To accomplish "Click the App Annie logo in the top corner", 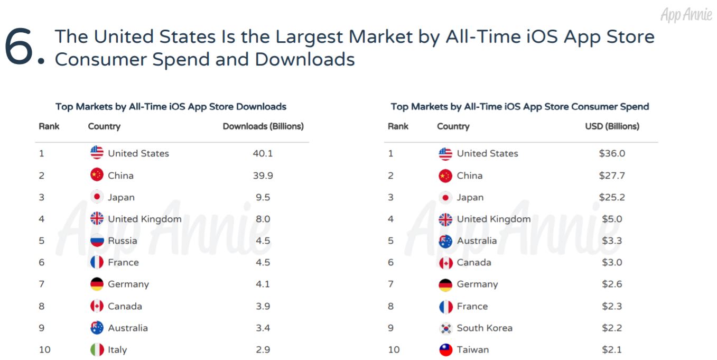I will click(686, 15).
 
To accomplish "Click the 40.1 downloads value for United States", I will click(263, 153).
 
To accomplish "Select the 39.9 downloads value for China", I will click(263, 176).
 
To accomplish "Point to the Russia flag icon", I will click(97, 241).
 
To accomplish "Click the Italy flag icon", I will click(97, 349).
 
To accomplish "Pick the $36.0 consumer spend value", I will click(612, 153).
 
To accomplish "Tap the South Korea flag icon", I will click(445, 328).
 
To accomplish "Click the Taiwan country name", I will click(472, 349).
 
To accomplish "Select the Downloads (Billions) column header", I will click(263, 126).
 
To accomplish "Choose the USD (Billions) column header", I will click(612, 126).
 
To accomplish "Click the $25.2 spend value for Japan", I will click(612, 197).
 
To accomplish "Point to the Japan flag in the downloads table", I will click(97, 197).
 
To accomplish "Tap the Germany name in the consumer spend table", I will click(477, 284).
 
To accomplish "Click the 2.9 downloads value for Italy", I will click(263, 349).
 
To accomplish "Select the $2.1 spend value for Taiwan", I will click(612, 349).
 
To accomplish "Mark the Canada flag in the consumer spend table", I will click(445, 262).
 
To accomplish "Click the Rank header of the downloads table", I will click(49, 126).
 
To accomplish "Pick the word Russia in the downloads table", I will click(122, 241).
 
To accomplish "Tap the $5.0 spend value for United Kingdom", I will click(612, 219).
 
